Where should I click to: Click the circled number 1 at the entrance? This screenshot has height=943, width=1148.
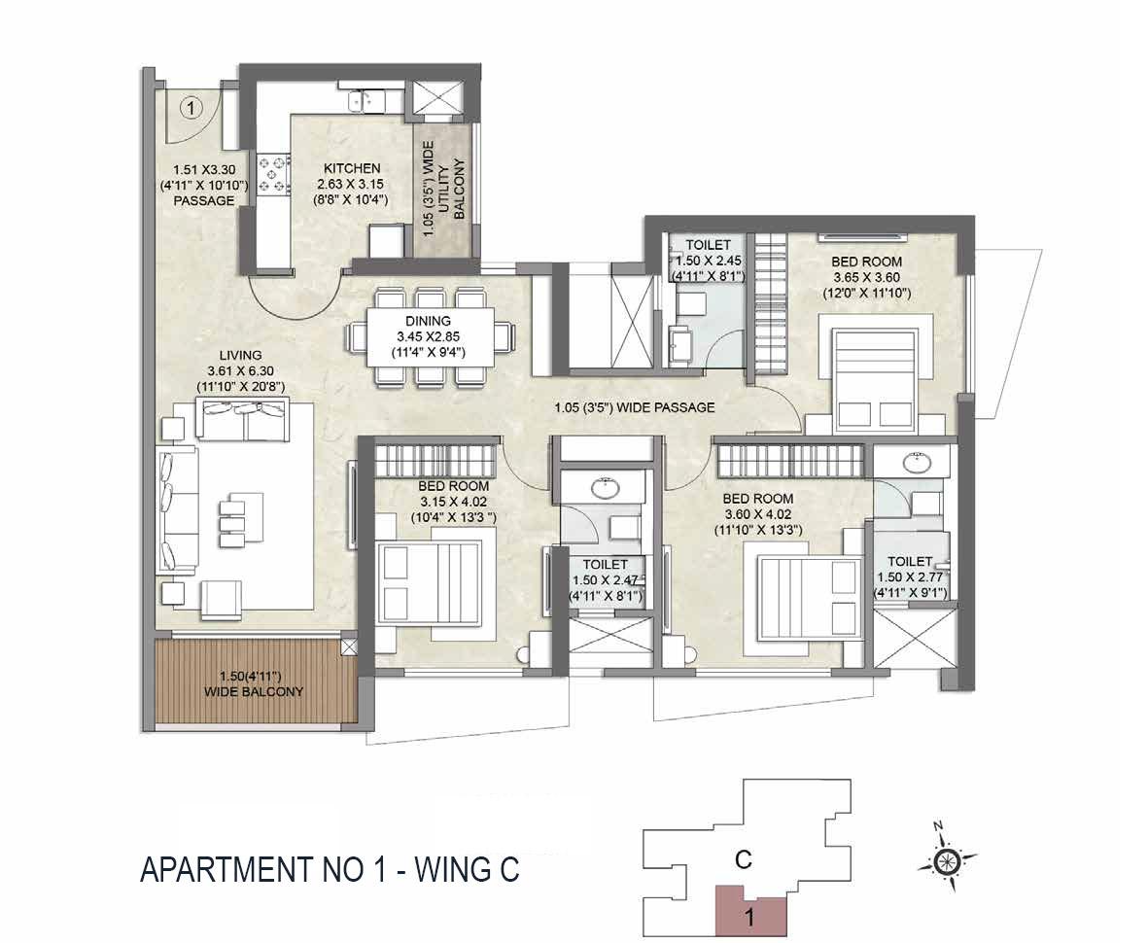(x=191, y=108)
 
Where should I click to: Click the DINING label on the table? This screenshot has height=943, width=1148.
(x=428, y=321)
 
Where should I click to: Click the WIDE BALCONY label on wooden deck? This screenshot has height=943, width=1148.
(x=254, y=692)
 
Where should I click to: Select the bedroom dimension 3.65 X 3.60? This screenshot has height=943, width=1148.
(x=866, y=277)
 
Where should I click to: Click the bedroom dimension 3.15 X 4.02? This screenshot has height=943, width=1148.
(x=453, y=502)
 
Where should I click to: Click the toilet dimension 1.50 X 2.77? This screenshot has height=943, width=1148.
(x=910, y=576)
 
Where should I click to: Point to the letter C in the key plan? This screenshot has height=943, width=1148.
(x=743, y=858)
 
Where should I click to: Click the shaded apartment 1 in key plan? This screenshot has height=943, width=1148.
(x=749, y=912)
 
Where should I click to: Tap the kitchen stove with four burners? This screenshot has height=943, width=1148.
(x=272, y=172)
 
